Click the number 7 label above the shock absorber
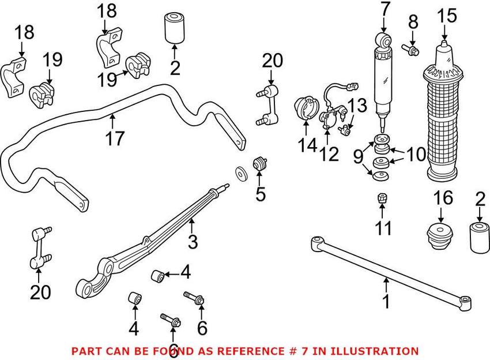coord(385,10)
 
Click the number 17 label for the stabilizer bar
coord(115,139)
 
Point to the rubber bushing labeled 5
coord(260,164)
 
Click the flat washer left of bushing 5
coord(239,172)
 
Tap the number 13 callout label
coord(357,106)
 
